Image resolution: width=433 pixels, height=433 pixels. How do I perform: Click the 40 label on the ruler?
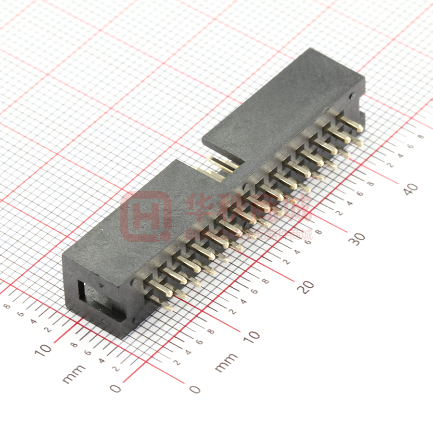click(410, 188)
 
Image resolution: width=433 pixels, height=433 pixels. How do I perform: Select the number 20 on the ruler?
click(306, 286)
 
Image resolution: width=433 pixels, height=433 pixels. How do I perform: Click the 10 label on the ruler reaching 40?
click(251, 335)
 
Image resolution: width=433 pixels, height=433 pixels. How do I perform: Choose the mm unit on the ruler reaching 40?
click(226, 362)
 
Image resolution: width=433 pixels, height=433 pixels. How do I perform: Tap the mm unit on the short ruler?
click(74, 373)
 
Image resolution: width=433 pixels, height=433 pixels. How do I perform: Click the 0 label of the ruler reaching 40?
click(195, 389)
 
